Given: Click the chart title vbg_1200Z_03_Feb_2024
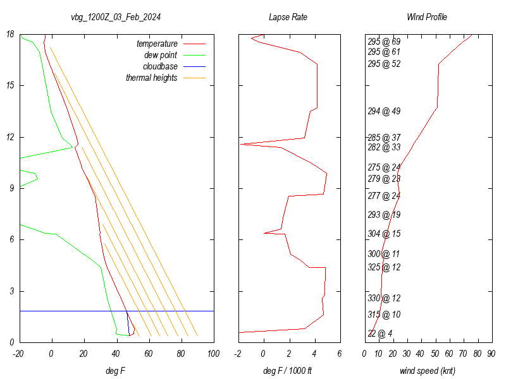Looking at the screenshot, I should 116,17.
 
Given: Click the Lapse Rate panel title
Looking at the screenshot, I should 288,17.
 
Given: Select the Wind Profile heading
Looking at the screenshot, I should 426,17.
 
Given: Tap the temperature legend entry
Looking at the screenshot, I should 157,44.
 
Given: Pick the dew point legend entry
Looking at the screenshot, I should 161,56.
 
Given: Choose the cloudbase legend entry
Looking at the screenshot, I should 160,66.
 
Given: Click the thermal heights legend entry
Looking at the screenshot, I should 152,78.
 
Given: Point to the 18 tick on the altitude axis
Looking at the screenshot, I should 11,34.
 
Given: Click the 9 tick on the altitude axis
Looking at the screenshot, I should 13,188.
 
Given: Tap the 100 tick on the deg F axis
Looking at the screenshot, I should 213,354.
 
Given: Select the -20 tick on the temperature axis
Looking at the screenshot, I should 19,354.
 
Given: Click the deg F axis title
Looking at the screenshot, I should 116,371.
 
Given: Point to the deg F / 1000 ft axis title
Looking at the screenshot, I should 288,371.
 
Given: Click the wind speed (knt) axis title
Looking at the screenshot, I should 428,371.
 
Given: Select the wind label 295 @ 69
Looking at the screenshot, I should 384,42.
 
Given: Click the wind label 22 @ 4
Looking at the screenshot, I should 380,334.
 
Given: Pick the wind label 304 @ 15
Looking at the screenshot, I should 384,234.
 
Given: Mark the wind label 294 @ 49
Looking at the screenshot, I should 384,111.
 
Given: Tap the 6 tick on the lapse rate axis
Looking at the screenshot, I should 340,354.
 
